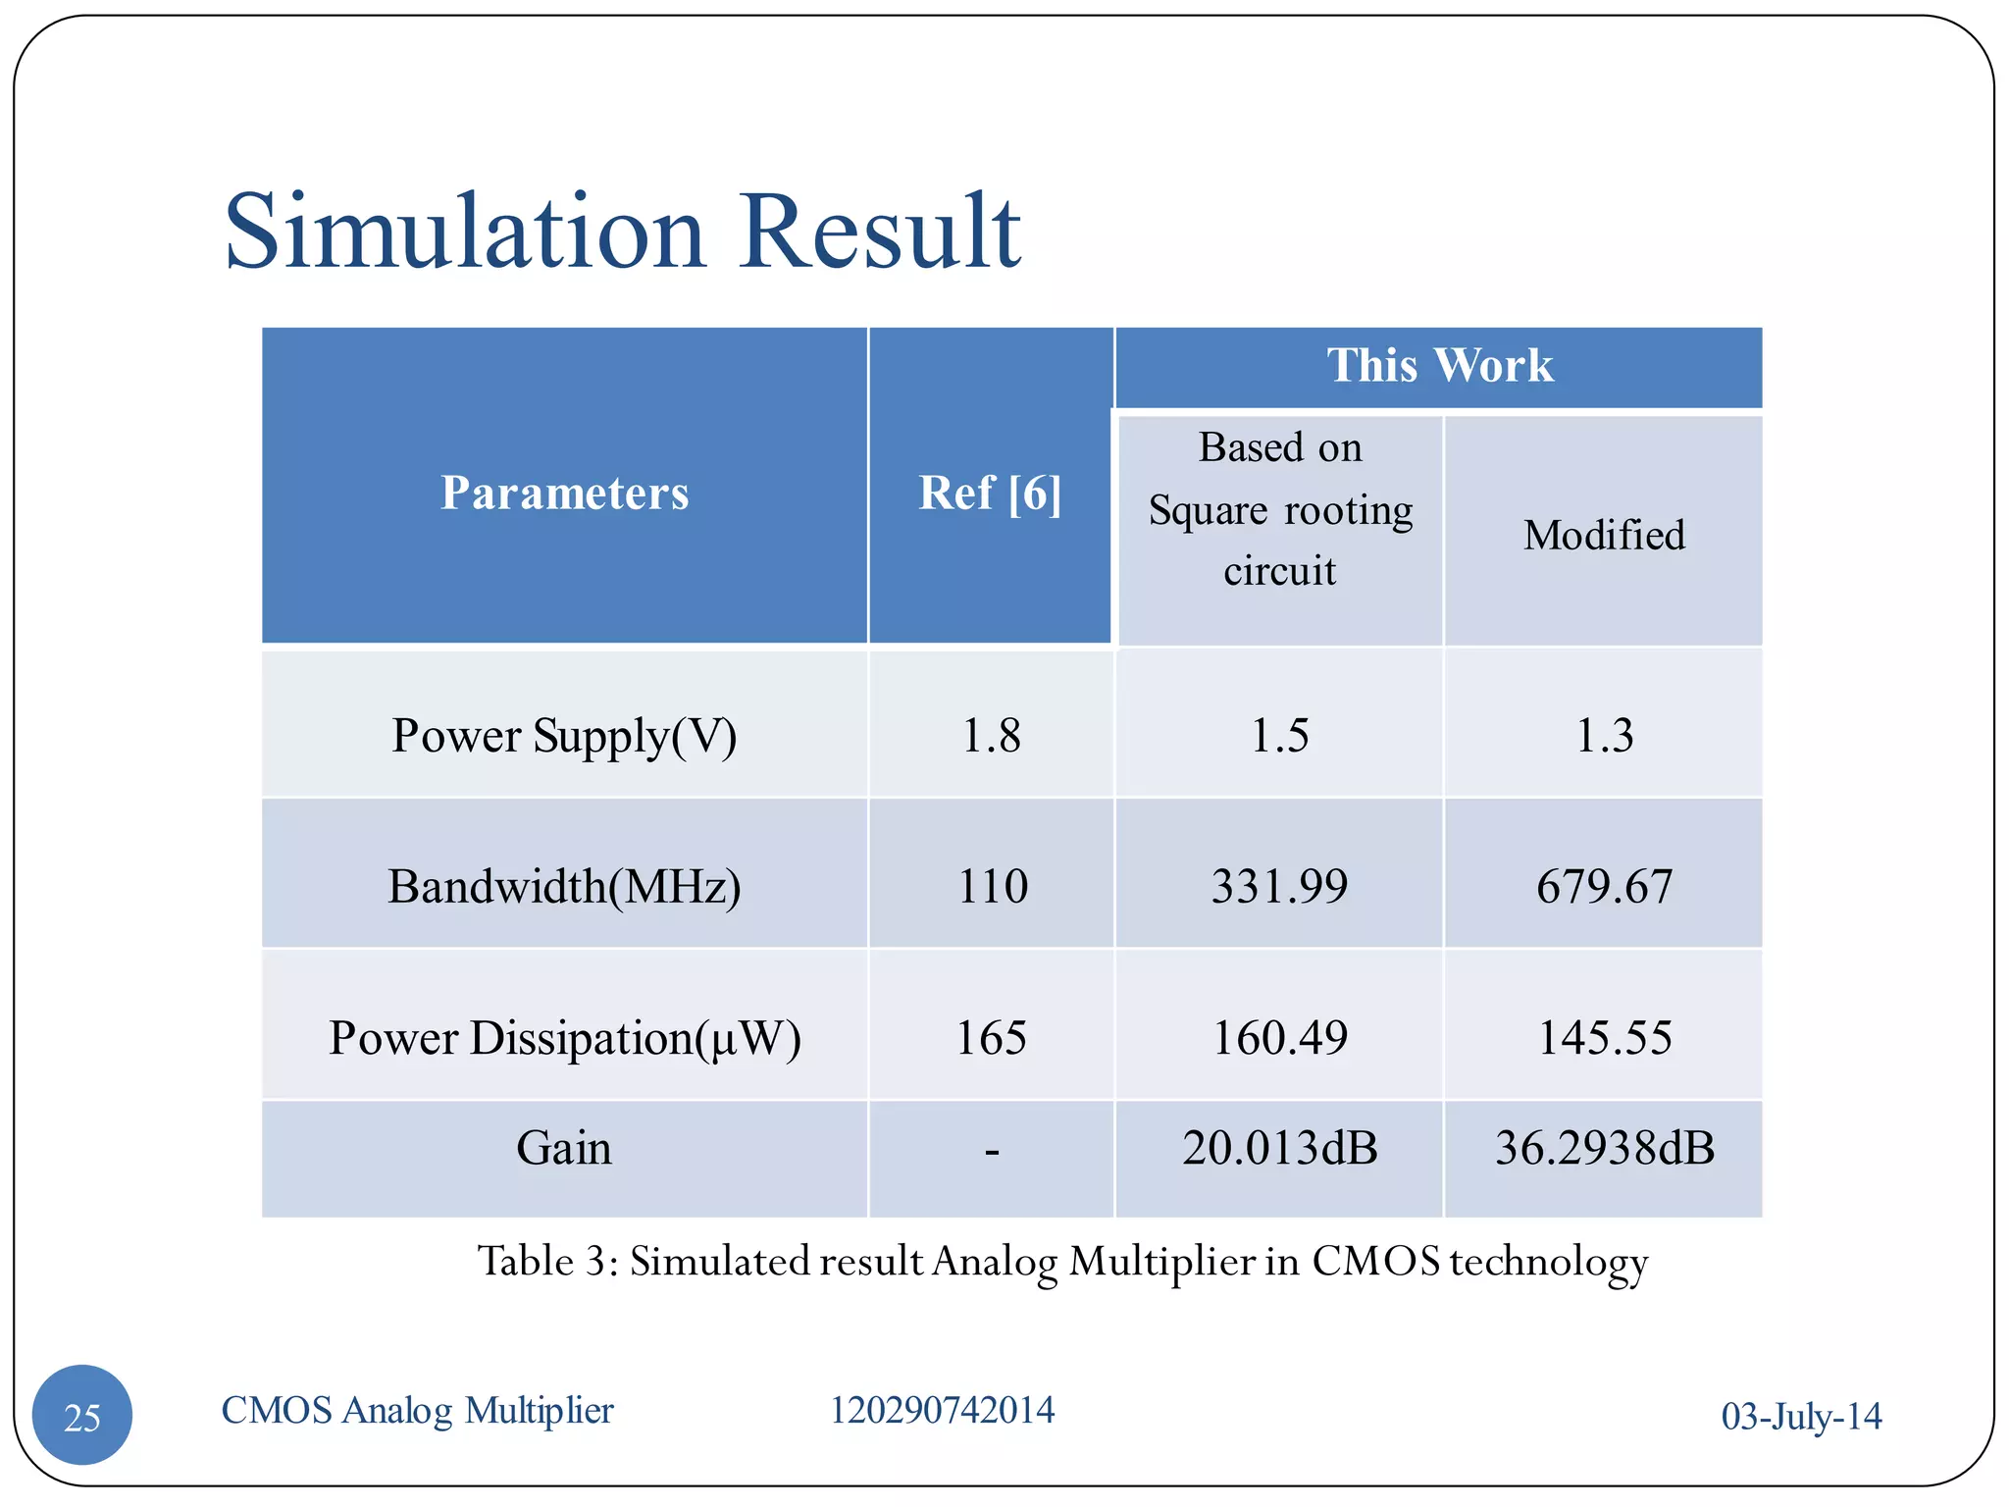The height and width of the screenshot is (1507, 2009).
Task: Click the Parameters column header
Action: click(564, 493)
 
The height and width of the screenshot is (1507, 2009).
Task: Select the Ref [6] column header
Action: click(990, 493)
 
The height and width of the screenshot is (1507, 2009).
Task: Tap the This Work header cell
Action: click(1439, 365)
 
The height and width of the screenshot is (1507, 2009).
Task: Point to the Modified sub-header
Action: click(1604, 536)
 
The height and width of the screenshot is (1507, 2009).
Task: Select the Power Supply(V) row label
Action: click(564, 736)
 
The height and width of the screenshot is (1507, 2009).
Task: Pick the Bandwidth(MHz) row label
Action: click(564, 886)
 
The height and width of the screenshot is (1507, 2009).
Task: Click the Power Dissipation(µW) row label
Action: click(564, 1038)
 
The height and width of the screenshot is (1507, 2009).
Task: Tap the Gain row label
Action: click(564, 1148)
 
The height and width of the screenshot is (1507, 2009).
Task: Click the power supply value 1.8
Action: click(991, 736)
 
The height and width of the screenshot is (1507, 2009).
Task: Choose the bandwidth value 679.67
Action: click(1604, 886)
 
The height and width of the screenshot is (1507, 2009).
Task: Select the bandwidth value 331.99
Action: click(1279, 886)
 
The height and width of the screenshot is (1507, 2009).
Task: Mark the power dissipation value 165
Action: click(991, 1038)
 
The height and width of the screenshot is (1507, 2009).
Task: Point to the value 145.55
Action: click(1604, 1038)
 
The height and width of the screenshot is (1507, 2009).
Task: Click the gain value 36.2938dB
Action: click(1604, 1148)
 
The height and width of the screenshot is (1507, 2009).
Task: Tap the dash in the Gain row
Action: click(992, 1150)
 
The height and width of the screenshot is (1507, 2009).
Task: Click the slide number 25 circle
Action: click(82, 1416)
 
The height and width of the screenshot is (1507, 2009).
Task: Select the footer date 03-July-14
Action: click(1801, 1416)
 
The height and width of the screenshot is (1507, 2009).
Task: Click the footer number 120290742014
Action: click(942, 1410)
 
